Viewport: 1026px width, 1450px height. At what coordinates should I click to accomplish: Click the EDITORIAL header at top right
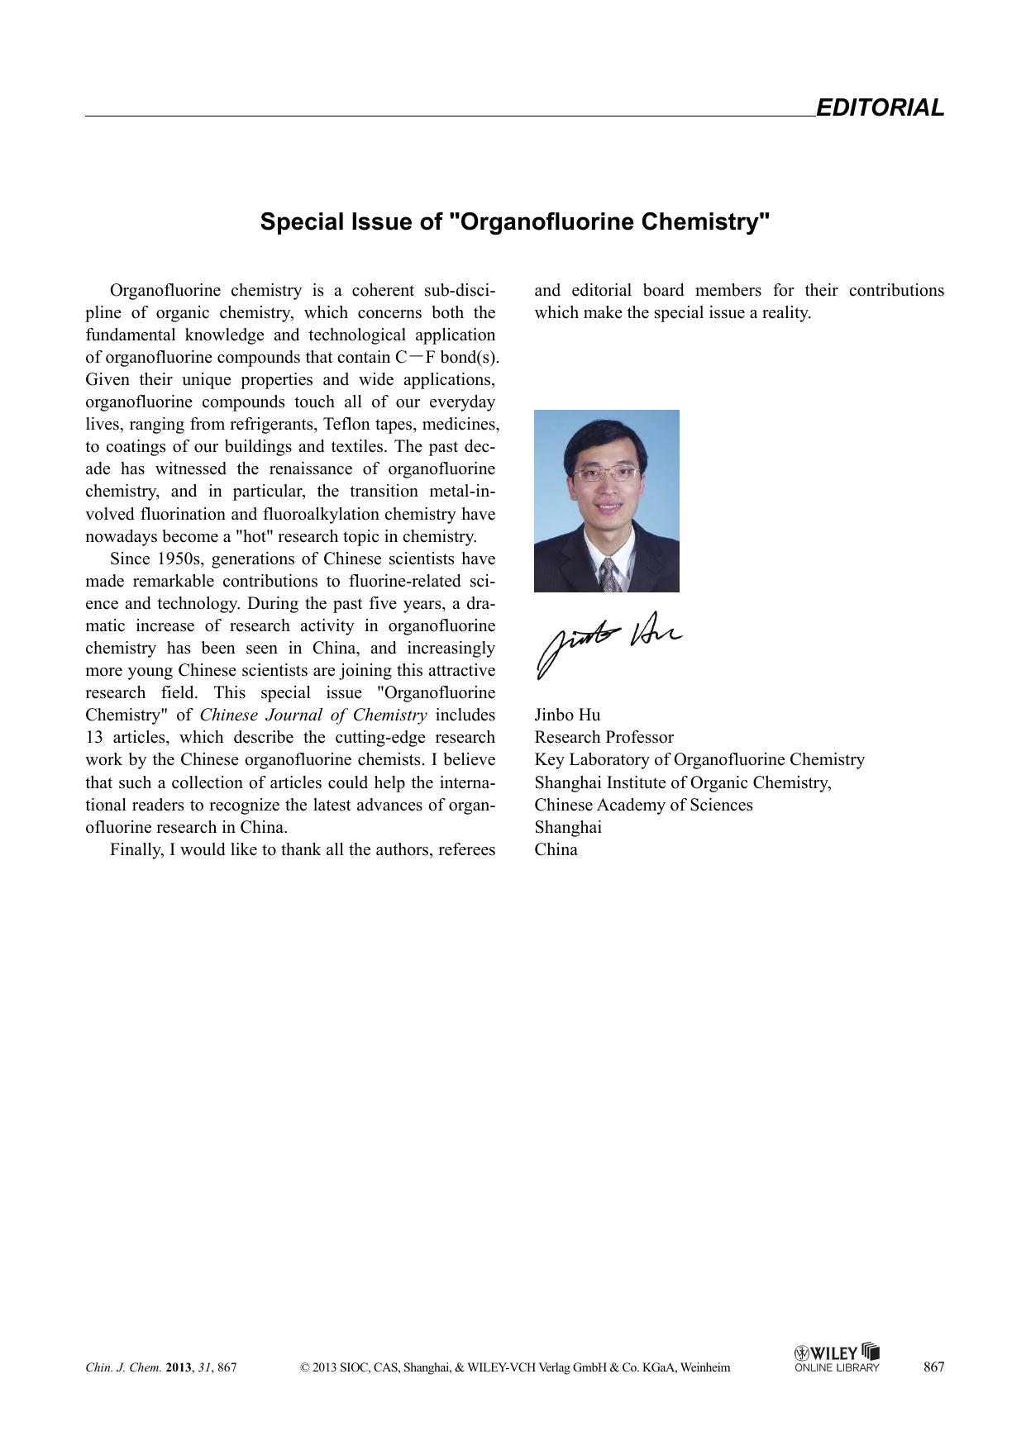(879, 108)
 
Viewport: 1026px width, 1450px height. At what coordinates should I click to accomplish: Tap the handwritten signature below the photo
(608, 641)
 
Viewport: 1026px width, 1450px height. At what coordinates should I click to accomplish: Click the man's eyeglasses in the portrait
(606, 474)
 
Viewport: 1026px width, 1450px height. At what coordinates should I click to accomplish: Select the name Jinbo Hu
(567, 715)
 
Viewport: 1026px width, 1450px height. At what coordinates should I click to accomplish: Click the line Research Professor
(604, 738)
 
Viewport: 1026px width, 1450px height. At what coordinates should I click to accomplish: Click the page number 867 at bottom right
(933, 1367)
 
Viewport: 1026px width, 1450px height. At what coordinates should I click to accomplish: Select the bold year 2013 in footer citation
(179, 1367)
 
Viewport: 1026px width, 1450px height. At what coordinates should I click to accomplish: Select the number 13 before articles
(93, 738)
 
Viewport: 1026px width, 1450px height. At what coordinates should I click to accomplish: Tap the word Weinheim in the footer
(704, 1367)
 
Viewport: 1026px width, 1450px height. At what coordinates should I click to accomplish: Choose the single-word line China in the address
(556, 850)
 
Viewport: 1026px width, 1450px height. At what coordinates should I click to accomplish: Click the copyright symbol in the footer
(305, 1367)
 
